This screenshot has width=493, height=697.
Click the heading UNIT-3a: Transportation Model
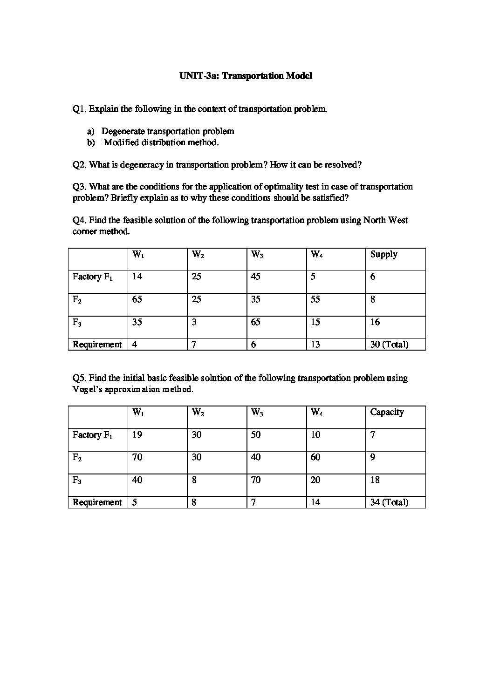pyautogui.click(x=246, y=76)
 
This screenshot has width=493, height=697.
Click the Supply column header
pyautogui.click(x=383, y=254)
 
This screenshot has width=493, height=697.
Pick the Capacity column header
pyautogui.click(x=387, y=412)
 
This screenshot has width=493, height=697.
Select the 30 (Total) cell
pyautogui.click(x=389, y=345)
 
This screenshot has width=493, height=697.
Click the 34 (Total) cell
pyautogui.click(x=389, y=502)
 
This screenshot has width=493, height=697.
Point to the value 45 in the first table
pyautogui.click(x=255, y=277)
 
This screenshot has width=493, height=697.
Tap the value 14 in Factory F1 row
pyautogui.click(x=137, y=277)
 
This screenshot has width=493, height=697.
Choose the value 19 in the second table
pyautogui.click(x=137, y=435)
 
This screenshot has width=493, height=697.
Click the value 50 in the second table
pyautogui.click(x=255, y=435)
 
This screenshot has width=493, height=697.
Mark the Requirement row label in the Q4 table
pyautogui.click(x=97, y=345)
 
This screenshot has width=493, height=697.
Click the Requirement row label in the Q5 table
pyautogui.click(x=97, y=502)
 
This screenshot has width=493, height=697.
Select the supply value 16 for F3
pyautogui.click(x=375, y=322)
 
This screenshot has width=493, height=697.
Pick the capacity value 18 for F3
pyautogui.click(x=375, y=480)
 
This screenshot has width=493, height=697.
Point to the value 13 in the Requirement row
pyautogui.click(x=315, y=345)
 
